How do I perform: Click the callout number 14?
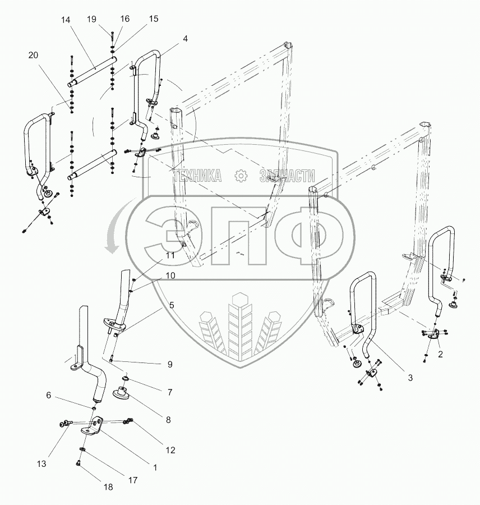click(x=66, y=20)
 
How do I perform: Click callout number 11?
click(x=170, y=255)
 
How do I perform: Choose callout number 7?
click(x=169, y=392)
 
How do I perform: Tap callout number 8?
click(x=169, y=419)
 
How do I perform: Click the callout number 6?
click(x=49, y=396)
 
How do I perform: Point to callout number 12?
click(x=170, y=449)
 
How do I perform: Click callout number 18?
click(x=108, y=487)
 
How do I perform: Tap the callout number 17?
click(x=132, y=480)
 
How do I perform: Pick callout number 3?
click(x=410, y=378)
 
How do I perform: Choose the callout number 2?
click(x=440, y=354)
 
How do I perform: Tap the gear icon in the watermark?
click(x=241, y=176)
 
